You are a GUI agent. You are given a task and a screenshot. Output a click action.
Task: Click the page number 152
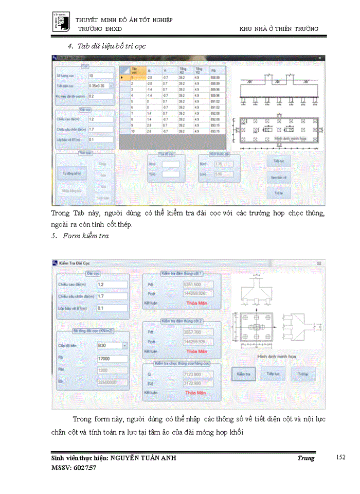coord(340,457)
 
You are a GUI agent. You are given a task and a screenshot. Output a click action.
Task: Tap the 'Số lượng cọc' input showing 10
coord(100,76)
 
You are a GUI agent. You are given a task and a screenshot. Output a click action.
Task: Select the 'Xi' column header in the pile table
coord(150,70)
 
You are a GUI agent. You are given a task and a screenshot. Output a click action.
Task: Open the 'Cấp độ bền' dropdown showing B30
coord(112,345)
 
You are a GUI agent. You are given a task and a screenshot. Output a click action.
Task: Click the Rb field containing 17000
coord(112,359)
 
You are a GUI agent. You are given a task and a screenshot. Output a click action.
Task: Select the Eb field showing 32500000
coord(112,382)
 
